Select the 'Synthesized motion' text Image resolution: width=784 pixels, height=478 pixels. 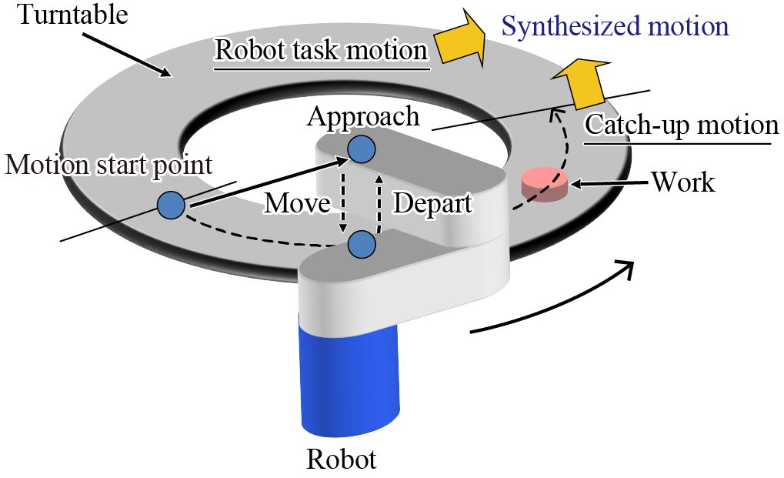(615, 27)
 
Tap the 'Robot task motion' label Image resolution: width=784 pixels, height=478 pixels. (321, 51)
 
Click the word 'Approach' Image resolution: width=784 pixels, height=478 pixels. (363, 116)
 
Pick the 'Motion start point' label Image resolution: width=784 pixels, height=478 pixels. (108, 164)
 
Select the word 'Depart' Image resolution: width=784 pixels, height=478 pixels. (432, 203)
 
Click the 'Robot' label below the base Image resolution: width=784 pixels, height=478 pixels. (342, 460)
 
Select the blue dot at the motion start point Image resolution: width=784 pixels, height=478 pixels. (171, 205)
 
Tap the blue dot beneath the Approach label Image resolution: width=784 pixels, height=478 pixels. (361, 149)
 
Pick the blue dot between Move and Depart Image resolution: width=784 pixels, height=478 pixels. (361, 245)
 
